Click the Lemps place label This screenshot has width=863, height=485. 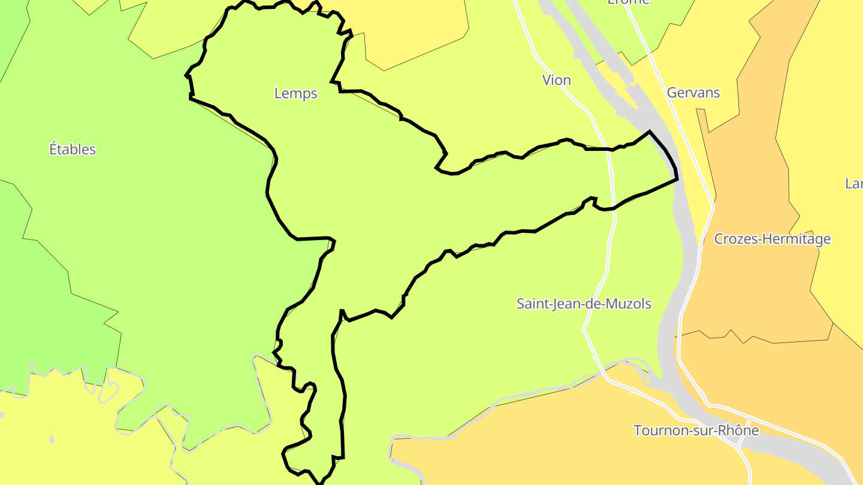(x=295, y=93)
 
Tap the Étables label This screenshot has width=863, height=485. (x=73, y=149)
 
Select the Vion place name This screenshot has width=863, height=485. (x=556, y=80)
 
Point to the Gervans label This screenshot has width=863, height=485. (x=693, y=93)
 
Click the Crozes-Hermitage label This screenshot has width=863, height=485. (x=773, y=239)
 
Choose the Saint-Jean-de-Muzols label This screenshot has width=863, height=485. (x=584, y=304)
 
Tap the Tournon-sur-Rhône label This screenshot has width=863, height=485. (x=696, y=431)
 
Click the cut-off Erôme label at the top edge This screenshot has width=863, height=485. (x=628, y=2)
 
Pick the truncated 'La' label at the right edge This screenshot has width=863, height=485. (x=854, y=183)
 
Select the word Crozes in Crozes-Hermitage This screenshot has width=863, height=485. (x=733, y=239)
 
